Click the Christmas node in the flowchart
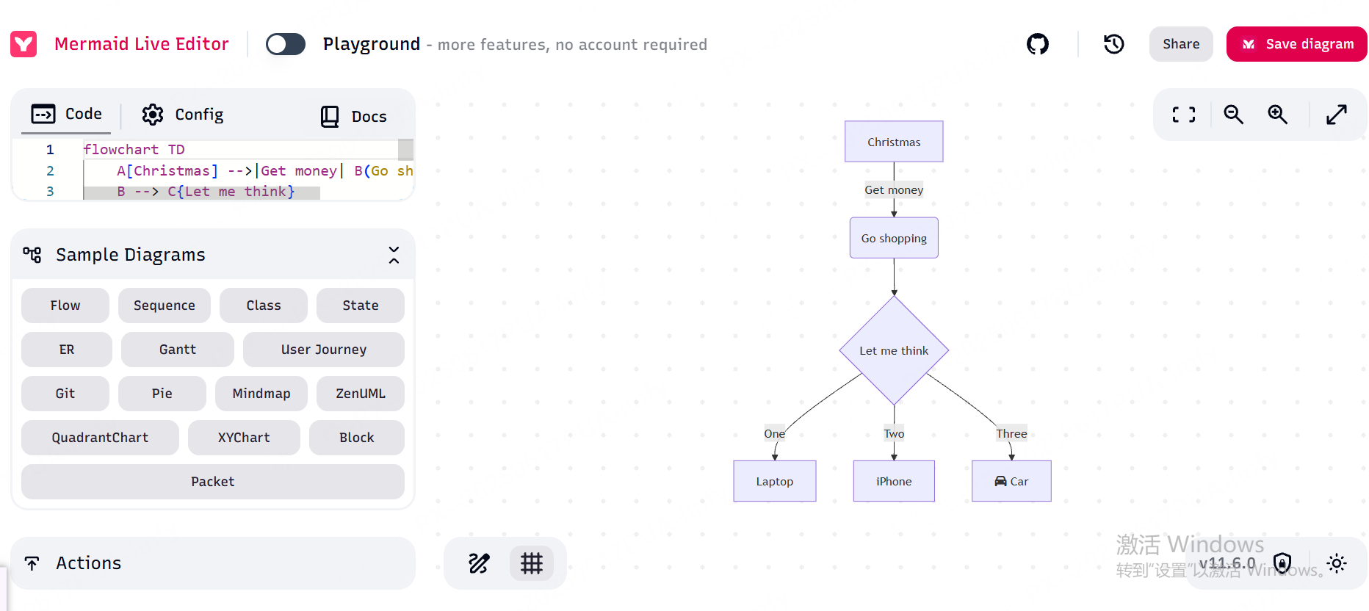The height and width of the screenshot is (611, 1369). point(894,142)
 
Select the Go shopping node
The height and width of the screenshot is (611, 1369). point(894,238)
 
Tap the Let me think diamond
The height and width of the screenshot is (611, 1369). point(894,350)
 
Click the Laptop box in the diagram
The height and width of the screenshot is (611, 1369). point(775,481)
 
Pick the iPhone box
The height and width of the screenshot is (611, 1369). point(894,481)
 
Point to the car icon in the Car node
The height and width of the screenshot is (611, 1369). point(1000,481)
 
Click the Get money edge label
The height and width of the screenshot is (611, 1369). point(894,189)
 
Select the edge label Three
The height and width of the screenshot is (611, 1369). point(1011,433)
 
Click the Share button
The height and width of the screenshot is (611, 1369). point(1181,44)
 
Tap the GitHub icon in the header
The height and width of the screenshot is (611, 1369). point(1038,44)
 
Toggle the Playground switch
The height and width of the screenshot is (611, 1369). point(286,44)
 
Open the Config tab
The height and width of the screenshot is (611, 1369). point(183,115)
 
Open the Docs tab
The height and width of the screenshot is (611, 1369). point(354,116)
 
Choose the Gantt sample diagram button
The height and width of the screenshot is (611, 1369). point(178,350)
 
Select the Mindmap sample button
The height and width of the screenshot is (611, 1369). point(261,394)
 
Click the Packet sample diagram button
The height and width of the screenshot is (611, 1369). point(213,482)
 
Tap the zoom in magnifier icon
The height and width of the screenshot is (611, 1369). point(1278,115)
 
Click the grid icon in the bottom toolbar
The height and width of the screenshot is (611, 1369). point(532,563)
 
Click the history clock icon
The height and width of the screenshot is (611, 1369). point(1114,44)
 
